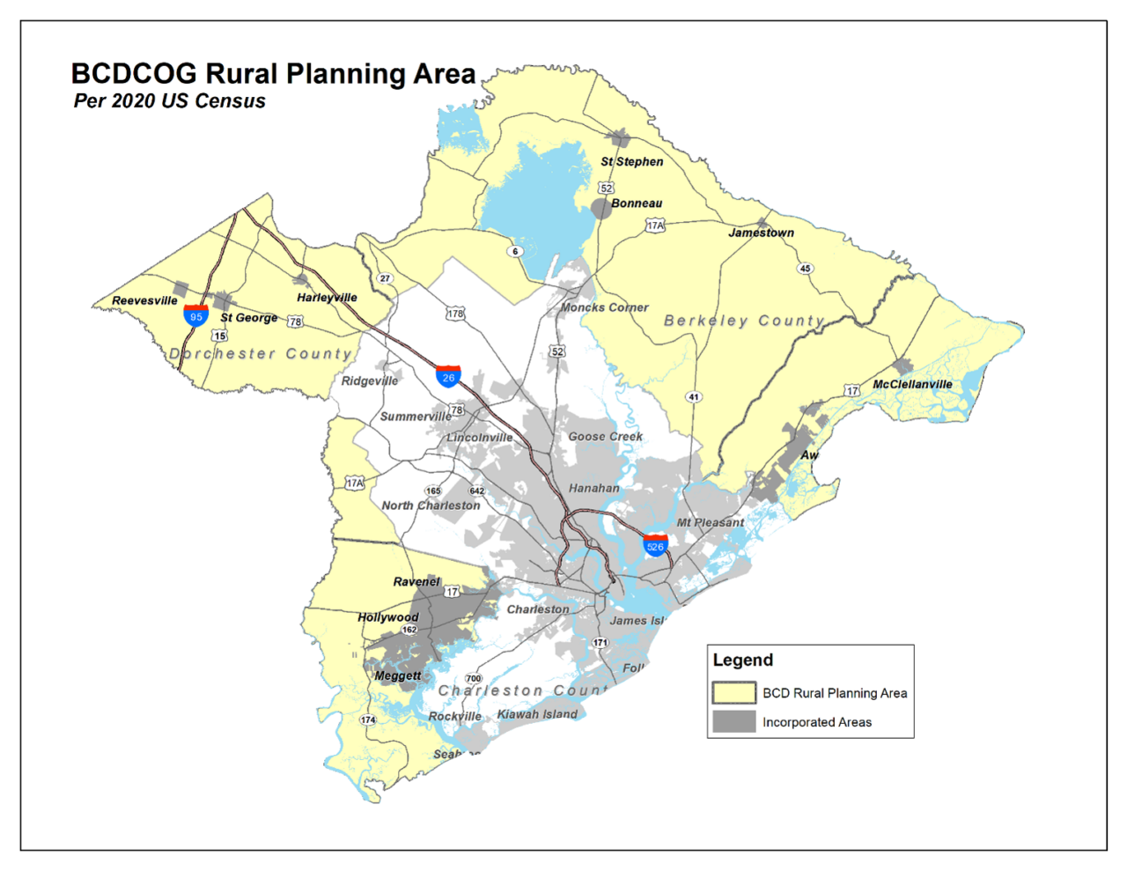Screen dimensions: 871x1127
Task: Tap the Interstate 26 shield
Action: click(448, 377)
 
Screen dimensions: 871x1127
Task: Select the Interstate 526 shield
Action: click(655, 546)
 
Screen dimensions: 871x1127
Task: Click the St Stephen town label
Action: click(631, 162)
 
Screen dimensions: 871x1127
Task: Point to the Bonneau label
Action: click(637, 203)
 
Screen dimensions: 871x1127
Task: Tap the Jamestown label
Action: click(761, 233)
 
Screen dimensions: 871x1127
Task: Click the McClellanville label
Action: click(912, 385)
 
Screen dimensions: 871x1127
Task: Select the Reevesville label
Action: click(144, 301)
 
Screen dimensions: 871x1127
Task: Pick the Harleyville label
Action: click(327, 298)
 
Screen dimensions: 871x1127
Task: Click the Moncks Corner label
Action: click(605, 308)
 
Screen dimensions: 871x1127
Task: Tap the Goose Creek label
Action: click(605, 437)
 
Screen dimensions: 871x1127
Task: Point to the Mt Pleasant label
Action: click(710, 523)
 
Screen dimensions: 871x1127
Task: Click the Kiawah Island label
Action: click(537, 714)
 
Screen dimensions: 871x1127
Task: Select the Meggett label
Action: click(398, 676)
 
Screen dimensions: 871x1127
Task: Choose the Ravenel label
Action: click(416, 582)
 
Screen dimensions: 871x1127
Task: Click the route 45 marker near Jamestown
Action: click(805, 269)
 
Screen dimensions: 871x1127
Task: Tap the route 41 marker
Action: click(694, 397)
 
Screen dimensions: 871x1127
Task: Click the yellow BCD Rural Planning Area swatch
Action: click(733, 693)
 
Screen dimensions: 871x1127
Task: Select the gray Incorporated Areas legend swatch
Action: click(733, 722)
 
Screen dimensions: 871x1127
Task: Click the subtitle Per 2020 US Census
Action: click(170, 101)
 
